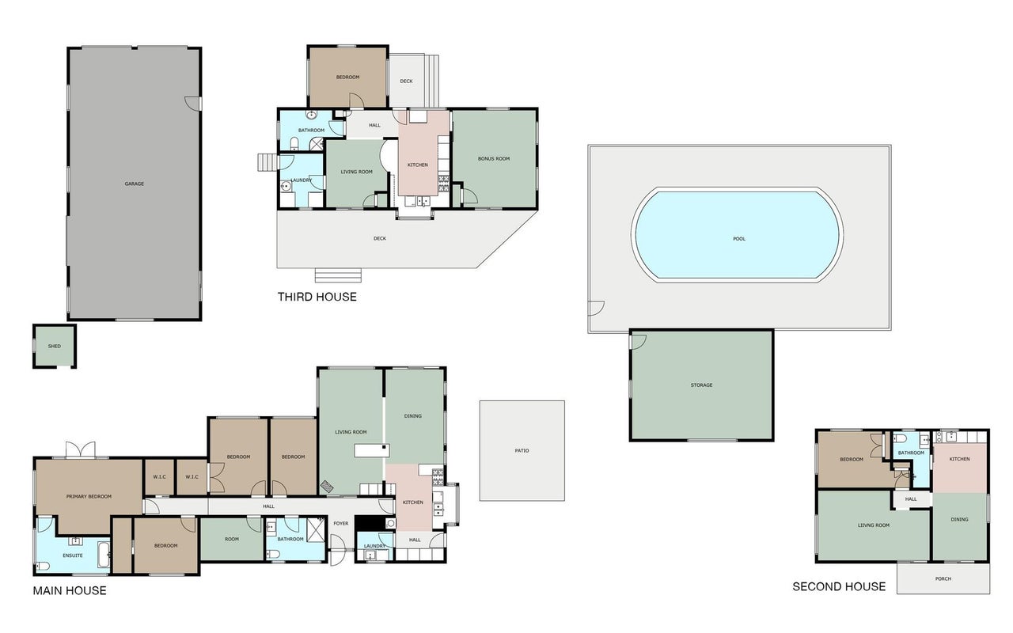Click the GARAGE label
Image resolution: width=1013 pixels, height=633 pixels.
135,184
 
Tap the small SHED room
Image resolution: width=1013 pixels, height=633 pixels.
55,346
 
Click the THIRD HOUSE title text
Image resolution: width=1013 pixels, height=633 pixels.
317,297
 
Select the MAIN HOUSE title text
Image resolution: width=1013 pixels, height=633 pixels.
70,590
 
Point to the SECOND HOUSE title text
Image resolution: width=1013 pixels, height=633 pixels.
839,587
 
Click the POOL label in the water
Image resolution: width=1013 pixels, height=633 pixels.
739,239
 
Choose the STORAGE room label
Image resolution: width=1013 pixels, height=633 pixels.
701,385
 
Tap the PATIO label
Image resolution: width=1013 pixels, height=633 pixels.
522,451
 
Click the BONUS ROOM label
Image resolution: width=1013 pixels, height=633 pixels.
494,159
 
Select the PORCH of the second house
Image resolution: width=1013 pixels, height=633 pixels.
943,578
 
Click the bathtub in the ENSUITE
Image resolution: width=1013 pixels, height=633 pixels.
104,555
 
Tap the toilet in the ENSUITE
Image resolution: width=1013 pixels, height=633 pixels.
43,566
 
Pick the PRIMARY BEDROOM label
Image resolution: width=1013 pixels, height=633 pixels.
89,496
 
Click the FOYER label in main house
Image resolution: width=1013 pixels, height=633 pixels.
341,524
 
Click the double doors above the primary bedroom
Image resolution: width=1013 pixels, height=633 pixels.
81,449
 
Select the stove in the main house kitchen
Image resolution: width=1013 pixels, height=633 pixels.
438,477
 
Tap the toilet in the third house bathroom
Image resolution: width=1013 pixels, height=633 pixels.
294,144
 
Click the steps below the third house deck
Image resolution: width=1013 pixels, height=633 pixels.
338,275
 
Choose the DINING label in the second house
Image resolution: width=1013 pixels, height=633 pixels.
959,520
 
